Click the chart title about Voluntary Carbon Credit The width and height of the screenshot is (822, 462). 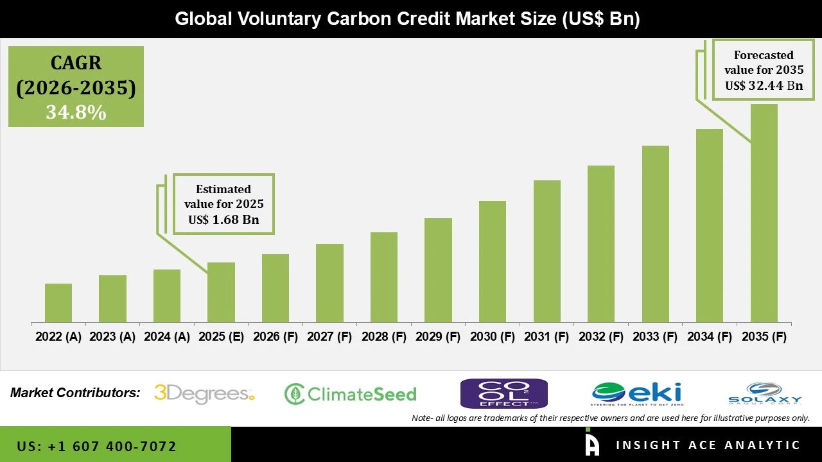[x=407, y=19]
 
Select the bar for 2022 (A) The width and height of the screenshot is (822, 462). [x=58, y=303]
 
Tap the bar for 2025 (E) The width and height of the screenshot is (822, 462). [x=221, y=292]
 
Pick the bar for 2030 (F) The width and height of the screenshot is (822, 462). [x=492, y=261]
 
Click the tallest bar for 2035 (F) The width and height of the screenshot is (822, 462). [x=764, y=213]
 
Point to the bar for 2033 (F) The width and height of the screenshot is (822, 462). [x=655, y=234]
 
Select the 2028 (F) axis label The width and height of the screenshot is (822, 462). [x=384, y=337]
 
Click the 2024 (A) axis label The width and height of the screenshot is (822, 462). [x=167, y=337]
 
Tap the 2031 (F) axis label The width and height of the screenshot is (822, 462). [x=547, y=337]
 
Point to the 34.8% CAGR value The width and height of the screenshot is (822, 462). [x=76, y=113]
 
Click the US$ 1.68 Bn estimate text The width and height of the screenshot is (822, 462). [x=223, y=220]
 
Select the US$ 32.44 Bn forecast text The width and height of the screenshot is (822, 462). [x=764, y=85]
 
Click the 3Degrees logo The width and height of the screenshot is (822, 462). [x=204, y=393]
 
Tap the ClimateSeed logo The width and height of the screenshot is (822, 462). [x=351, y=394]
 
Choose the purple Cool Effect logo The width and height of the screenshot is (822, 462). [x=503, y=393]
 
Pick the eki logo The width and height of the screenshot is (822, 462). [x=637, y=393]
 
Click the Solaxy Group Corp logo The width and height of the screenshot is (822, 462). [x=765, y=393]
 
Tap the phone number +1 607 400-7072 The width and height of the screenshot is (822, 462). [x=96, y=446]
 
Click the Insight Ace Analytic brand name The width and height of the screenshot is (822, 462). [x=708, y=445]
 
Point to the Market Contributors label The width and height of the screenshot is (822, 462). [x=75, y=393]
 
